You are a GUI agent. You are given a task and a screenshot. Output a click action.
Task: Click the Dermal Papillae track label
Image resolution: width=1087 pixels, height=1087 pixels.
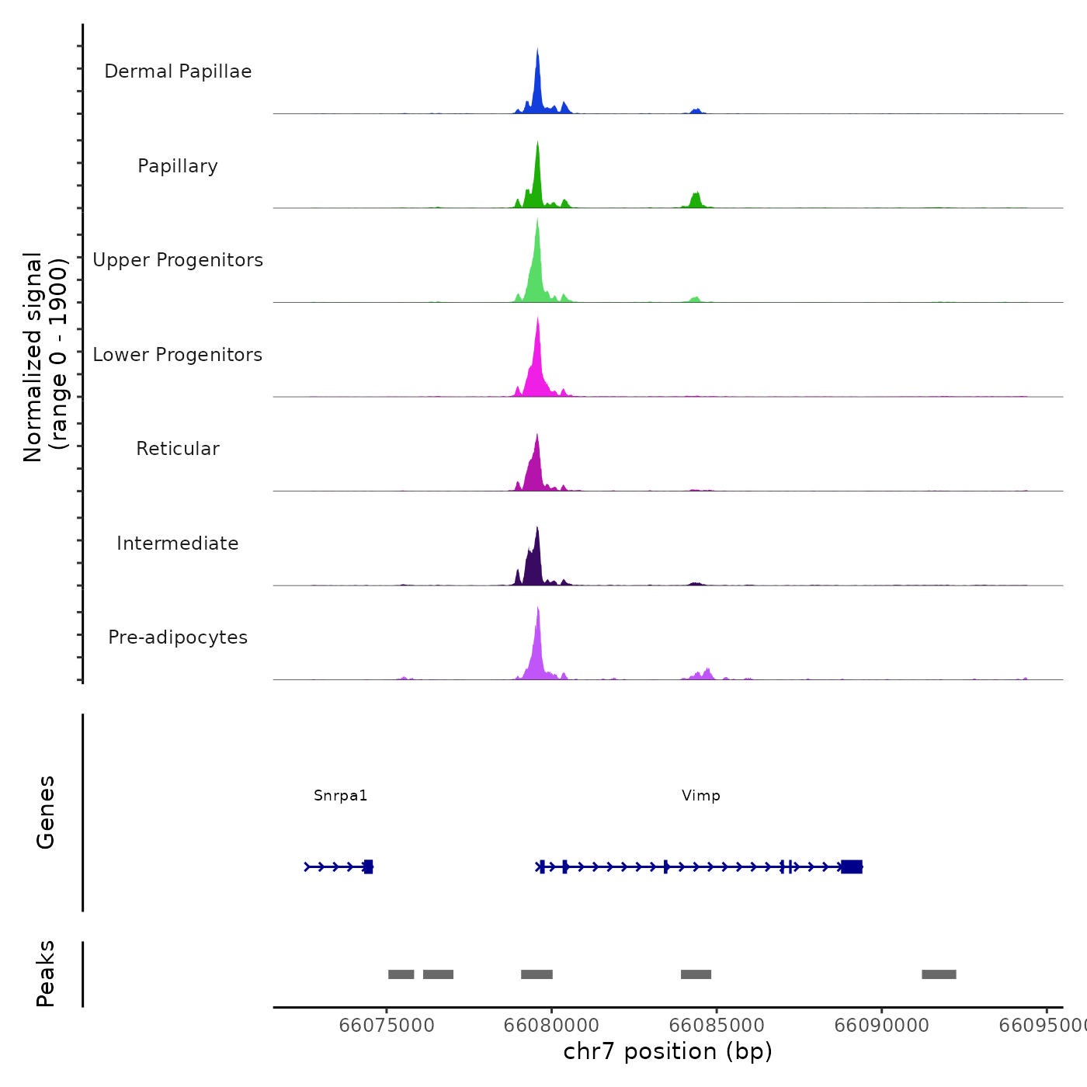[x=178, y=71]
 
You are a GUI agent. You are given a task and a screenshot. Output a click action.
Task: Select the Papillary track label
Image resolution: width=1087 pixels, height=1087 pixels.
[x=178, y=166]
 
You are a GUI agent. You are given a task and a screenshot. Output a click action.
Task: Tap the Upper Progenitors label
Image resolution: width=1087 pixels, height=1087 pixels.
[x=178, y=260]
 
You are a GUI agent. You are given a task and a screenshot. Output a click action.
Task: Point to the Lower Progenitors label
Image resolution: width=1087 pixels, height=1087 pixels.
[x=178, y=355]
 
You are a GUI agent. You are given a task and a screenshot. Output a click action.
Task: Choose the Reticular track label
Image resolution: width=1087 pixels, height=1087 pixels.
[x=178, y=449]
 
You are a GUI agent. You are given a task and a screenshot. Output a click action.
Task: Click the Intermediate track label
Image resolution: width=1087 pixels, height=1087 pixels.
[x=178, y=543]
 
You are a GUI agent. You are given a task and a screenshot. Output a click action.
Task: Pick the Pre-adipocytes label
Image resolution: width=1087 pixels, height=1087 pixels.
[x=178, y=637]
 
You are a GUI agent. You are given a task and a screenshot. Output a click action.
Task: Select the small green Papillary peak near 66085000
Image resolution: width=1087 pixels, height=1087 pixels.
[x=696, y=200]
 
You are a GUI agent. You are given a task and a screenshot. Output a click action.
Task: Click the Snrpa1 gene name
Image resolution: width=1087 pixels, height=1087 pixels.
[x=341, y=796]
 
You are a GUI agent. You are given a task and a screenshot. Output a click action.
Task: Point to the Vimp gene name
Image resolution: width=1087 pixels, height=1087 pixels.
[x=701, y=796]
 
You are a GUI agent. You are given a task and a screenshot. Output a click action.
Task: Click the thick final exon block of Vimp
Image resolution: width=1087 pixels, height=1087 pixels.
[x=852, y=866]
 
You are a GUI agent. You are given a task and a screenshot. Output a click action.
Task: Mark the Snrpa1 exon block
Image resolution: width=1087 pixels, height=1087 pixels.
[x=368, y=866]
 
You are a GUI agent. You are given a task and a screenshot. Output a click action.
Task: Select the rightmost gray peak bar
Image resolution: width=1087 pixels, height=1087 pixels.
[x=939, y=974]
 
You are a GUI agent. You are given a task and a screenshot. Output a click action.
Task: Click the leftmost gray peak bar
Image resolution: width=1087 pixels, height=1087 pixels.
[x=401, y=974]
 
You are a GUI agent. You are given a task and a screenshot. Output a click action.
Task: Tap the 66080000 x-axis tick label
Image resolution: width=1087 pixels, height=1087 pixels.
[x=552, y=1026]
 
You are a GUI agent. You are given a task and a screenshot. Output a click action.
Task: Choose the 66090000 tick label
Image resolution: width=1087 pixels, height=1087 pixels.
[x=882, y=1026]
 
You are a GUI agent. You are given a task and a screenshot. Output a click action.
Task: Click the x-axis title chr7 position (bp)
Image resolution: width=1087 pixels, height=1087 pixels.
[x=668, y=1051]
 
